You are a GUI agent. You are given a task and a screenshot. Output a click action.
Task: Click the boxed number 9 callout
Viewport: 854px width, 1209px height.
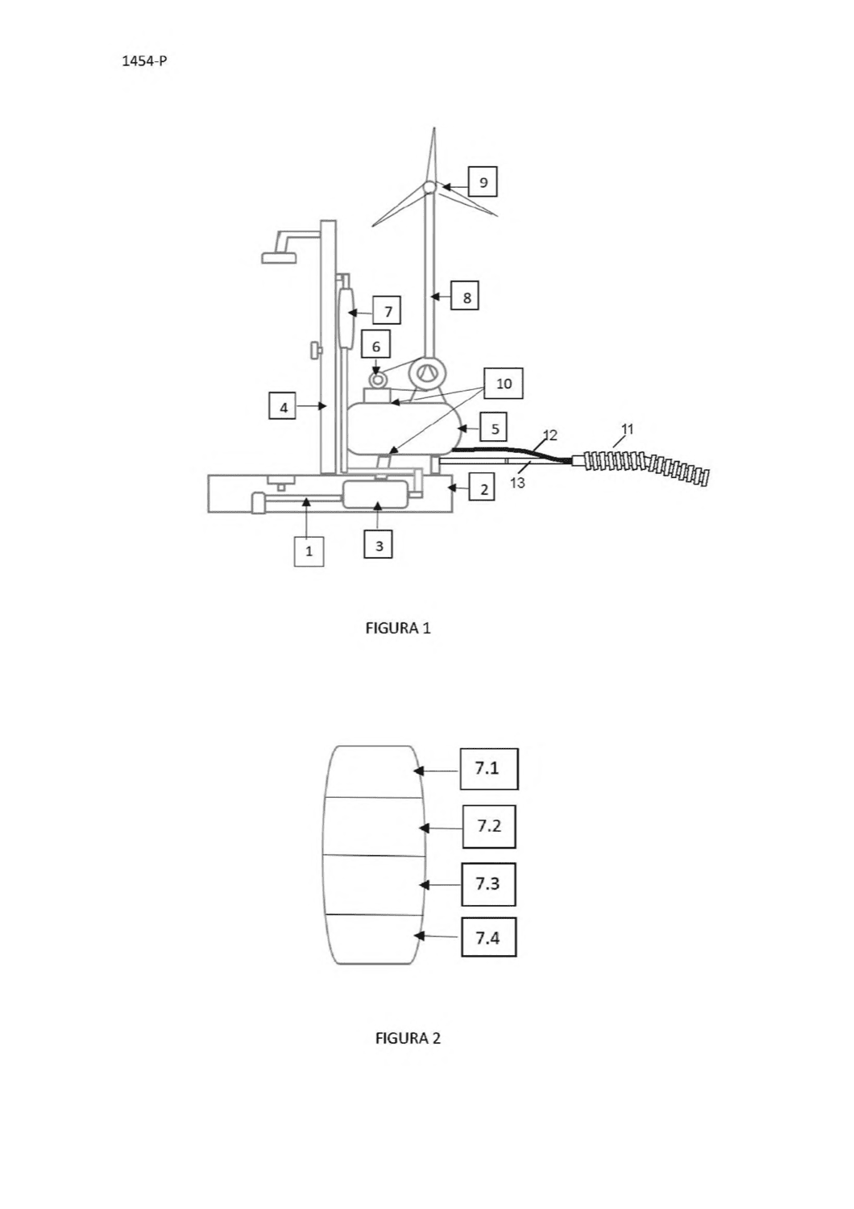pos(483,182)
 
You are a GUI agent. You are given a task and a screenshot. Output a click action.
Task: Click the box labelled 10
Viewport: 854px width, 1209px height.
pos(504,383)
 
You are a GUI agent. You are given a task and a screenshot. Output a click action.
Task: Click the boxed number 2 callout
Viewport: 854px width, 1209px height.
pos(481,488)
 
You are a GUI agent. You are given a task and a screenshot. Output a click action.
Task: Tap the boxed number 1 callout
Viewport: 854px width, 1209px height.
pos(309,550)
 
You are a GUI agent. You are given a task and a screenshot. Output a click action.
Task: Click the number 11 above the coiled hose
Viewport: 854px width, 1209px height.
pos(627,429)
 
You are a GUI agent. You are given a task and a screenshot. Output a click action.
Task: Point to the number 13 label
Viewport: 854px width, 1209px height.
pos(516,482)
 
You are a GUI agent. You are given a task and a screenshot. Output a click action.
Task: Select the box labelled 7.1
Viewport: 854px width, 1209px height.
pos(489,768)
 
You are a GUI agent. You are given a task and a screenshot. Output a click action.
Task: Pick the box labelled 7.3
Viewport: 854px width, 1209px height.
pos(488,883)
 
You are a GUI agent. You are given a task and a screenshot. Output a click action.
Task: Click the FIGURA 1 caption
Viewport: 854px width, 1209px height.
pos(398,628)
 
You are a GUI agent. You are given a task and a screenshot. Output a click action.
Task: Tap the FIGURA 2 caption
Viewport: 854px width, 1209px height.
pos(408,1037)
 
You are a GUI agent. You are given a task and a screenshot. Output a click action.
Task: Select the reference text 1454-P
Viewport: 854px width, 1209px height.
pos(144,60)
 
